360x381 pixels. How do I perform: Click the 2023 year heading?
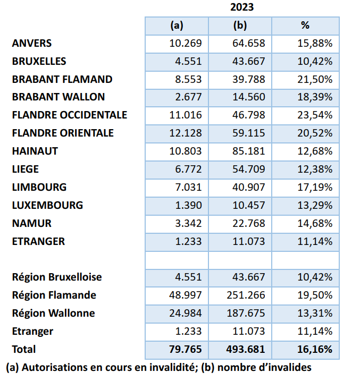pos(242,7)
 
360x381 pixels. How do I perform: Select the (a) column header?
pos(177,25)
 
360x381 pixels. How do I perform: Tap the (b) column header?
pos(240,25)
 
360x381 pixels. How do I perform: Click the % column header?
pos(305,25)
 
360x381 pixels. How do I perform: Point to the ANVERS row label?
pos(32,43)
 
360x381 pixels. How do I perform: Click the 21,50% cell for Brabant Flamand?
pos(315,79)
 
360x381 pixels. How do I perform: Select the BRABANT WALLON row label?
pos(58,97)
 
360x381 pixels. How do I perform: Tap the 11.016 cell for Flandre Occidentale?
pos(185,115)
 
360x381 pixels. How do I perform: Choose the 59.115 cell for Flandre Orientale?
pos(248,133)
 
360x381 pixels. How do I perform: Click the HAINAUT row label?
pos(35,151)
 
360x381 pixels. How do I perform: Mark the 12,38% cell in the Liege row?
pos(315,169)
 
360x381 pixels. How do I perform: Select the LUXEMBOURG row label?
pos(47,205)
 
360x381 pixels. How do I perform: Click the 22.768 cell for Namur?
pos(248,223)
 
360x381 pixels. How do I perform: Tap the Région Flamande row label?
pos(54,295)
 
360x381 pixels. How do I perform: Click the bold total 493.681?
pos(246,349)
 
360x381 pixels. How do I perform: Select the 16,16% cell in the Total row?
pos(314,349)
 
